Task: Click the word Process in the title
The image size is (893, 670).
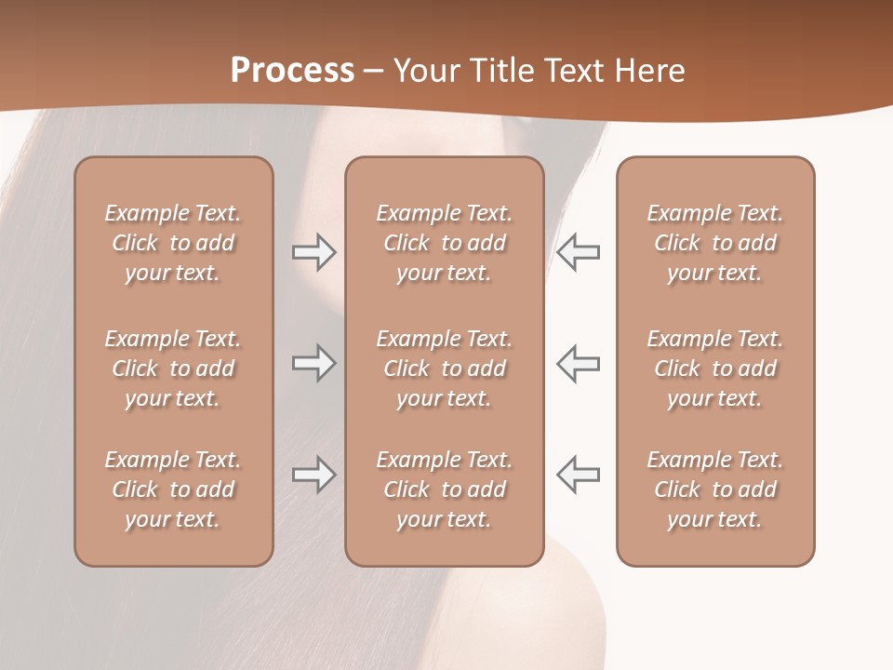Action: click(x=292, y=71)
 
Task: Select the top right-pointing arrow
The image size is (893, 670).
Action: click(x=313, y=252)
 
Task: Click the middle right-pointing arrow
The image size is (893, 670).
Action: click(x=313, y=363)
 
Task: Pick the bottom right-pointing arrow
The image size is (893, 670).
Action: click(x=313, y=475)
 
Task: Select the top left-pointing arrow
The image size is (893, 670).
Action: click(x=579, y=252)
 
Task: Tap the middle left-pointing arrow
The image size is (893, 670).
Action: click(x=579, y=363)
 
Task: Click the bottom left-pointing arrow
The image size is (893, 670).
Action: click(x=579, y=475)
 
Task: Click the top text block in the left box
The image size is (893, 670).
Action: click(x=173, y=243)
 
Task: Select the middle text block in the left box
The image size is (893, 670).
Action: click(x=173, y=368)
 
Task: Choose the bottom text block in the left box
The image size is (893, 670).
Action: click(x=173, y=489)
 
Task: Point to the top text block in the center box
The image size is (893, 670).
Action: click(x=445, y=243)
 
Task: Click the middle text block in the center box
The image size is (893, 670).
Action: click(x=445, y=368)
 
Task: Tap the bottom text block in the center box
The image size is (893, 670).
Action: click(x=445, y=489)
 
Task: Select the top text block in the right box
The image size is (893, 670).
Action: click(x=715, y=243)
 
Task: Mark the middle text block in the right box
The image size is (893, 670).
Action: click(x=715, y=368)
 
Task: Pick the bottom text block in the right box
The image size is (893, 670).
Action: click(x=715, y=489)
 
